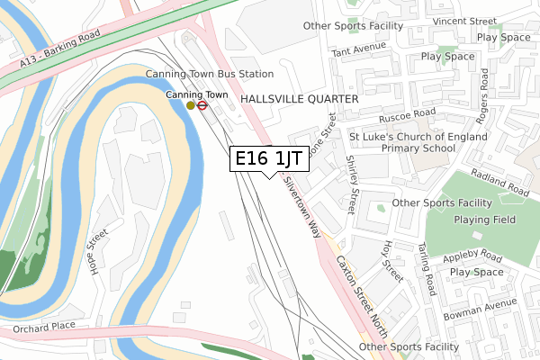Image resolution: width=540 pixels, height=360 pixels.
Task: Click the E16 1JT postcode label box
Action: tap(270, 158)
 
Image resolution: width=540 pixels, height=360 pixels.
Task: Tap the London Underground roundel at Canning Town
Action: tap(204, 105)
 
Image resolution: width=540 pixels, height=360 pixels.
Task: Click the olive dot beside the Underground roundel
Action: tap(191, 105)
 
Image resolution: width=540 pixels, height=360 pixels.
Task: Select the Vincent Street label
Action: tap(464, 20)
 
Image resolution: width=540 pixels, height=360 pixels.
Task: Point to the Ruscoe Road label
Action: tap(406, 114)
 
